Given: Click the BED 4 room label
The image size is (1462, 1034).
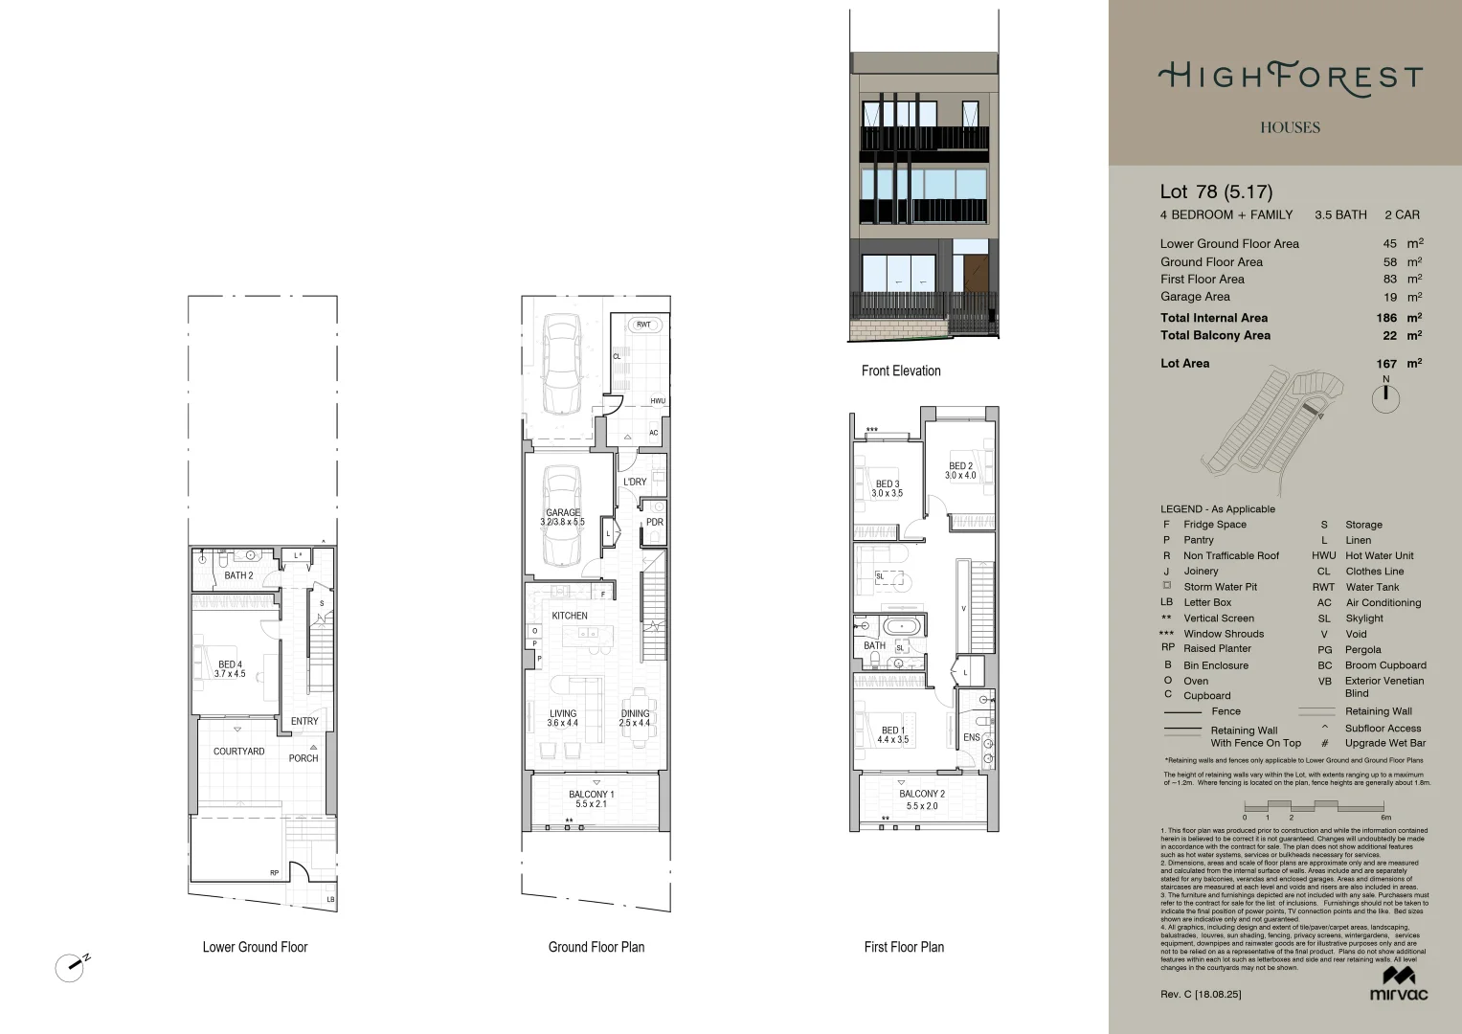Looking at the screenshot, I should click(x=230, y=668).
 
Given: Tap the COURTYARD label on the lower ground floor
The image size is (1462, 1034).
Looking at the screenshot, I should click(x=238, y=752).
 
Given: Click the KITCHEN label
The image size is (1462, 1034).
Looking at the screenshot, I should click(x=570, y=616).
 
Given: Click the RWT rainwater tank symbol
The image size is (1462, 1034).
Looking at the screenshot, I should click(x=643, y=325).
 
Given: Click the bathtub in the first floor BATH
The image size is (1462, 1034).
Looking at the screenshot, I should click(x=902, y=627).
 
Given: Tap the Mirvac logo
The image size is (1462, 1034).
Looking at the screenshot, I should click(x=1398, y=983).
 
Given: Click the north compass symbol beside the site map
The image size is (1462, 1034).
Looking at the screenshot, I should click(x=1385, y=398).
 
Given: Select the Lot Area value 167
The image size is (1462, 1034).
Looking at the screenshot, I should click(x=1385, y=364).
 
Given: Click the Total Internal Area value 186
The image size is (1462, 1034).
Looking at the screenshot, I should click(x=1385, y=318).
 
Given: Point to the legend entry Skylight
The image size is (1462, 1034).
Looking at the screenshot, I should click(x=1363, y=618).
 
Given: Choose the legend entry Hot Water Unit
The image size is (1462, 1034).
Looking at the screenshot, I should click(x=1379, y=555).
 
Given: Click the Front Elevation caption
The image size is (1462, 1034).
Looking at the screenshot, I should click(x=901, y=371).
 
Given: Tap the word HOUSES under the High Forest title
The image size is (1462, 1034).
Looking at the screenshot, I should click(x=1290, y=127).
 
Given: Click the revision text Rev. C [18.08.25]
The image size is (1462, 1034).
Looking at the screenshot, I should click(x=1201, y=994).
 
